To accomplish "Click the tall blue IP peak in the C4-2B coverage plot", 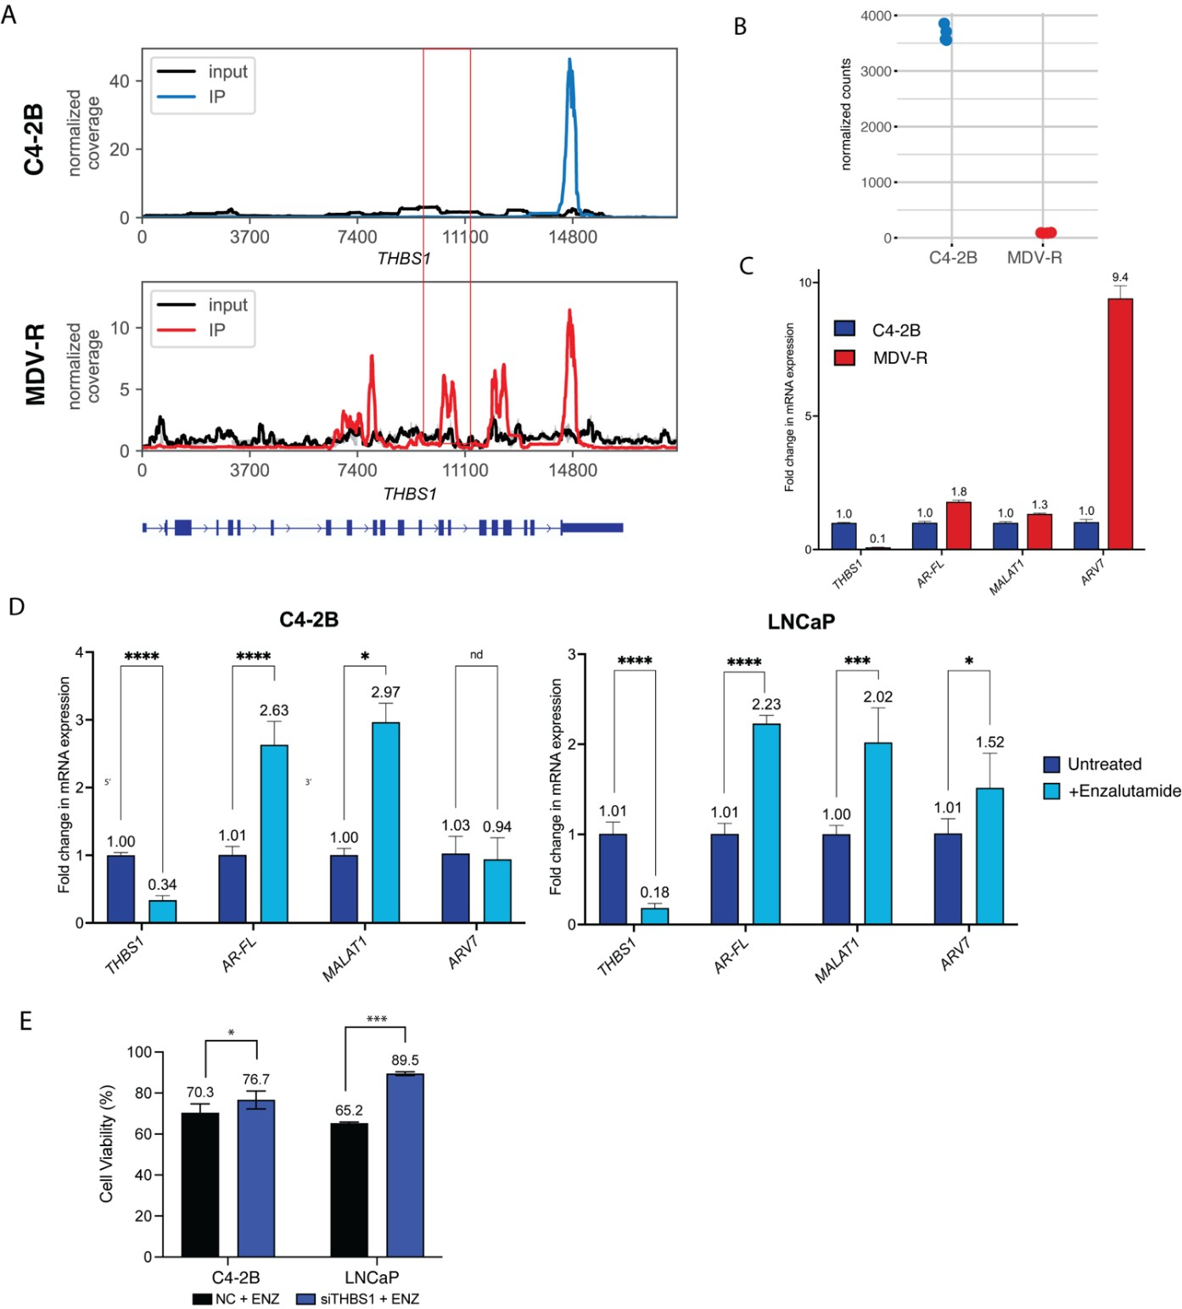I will tap(570, 119).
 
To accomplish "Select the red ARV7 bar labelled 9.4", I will tap(1119, 424).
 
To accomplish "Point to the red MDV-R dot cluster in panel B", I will tap(1045, 232).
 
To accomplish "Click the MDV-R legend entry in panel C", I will tap(899, 358).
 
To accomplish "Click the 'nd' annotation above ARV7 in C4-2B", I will tap(476, 655).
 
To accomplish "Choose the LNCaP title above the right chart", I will tap(801, 622).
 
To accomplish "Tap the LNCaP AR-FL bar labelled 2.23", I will tap(766, 823).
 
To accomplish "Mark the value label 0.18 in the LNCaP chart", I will tap(654, 892).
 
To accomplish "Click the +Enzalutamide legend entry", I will tap(1123, 791).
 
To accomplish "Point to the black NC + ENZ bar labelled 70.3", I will tap(200, 1184).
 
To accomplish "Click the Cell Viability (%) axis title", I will tap(107, 1144).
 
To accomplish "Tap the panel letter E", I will tap(25, 1021).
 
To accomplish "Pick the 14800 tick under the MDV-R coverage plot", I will tap(573, 471).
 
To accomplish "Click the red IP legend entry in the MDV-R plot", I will tap(216, 330).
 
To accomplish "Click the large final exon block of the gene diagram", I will tap(592, 528).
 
